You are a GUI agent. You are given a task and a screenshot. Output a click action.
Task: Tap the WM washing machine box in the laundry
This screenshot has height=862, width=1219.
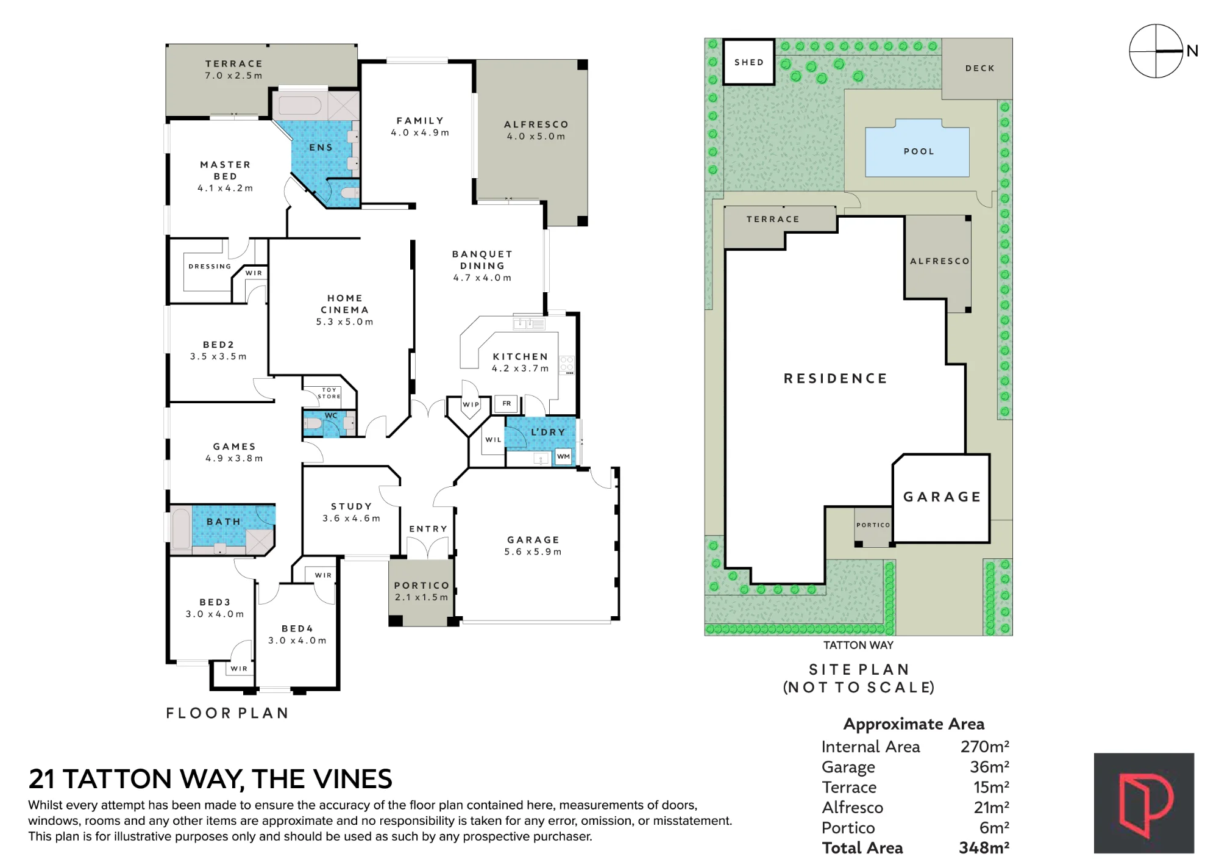tap(564, 456)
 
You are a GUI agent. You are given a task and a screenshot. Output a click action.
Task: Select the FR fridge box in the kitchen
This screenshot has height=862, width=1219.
tap(506, 403)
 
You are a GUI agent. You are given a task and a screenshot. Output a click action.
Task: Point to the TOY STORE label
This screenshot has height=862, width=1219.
tap(329, 393)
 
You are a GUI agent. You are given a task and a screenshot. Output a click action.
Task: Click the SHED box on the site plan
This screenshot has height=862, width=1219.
tap(749, 62)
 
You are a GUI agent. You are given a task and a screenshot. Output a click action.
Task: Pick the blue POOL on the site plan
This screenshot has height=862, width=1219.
tap(917, 150)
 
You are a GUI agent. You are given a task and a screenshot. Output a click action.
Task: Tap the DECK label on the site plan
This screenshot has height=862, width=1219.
tap(980, 68)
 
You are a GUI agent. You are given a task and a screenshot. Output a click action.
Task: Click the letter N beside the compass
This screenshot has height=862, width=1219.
tap(1192, 51)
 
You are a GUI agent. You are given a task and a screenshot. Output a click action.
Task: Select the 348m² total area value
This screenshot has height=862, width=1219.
tap(984, 848)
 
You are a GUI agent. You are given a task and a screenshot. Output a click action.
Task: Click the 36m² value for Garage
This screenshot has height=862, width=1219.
tap(989, 767)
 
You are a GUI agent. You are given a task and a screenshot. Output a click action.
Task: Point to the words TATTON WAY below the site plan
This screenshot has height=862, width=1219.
tap(858, 645)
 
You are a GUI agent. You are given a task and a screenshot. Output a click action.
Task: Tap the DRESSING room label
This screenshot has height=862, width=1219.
tap(210, 267)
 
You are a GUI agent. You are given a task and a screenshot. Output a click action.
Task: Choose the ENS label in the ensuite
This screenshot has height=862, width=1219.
tap(321, 148)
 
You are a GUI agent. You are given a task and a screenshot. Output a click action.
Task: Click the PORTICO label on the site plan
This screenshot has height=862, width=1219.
tap(873, 525)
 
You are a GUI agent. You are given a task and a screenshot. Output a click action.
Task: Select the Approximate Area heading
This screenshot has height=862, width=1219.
tap(914, 724)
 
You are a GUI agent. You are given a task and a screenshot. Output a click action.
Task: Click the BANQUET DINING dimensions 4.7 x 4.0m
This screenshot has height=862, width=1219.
tap(482, 278)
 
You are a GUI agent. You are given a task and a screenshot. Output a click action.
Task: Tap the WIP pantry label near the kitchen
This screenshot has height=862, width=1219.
tap(471, 404)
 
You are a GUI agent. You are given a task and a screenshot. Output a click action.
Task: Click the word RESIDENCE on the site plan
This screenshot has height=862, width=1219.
tap(836, 379)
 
